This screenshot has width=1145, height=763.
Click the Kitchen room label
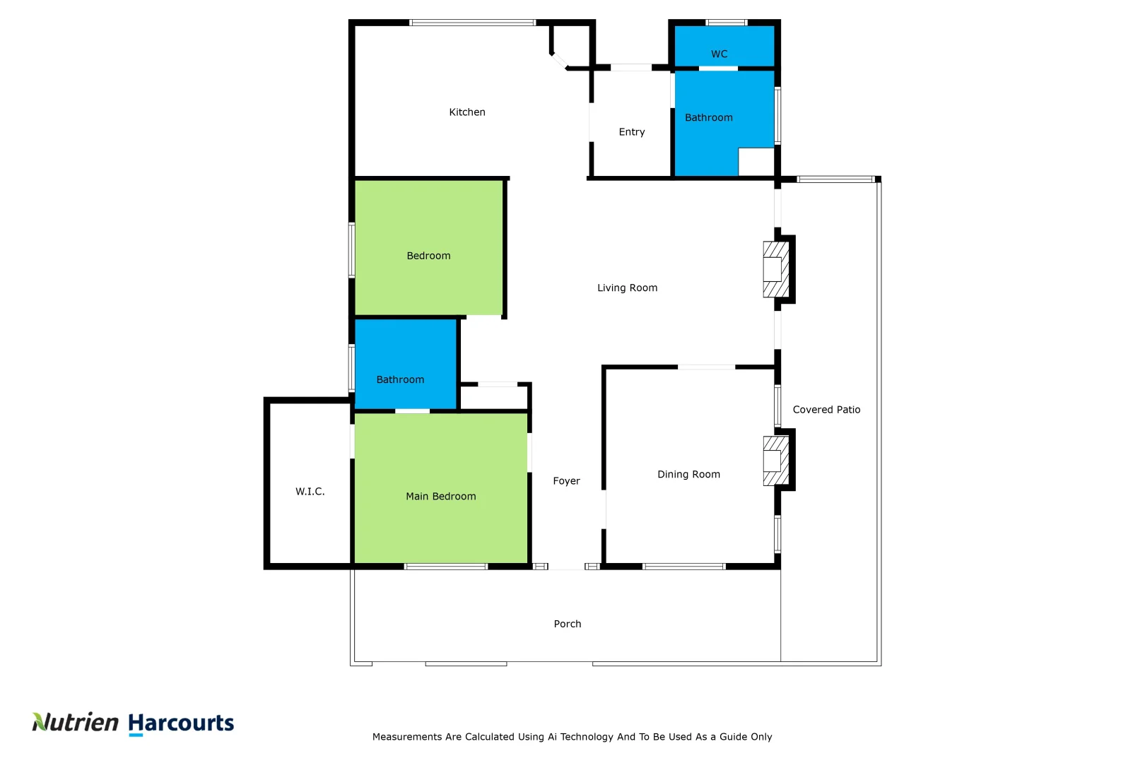pos(467,112)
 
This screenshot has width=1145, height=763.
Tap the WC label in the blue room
pos(719,54)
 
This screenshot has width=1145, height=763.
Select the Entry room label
pos(631,132)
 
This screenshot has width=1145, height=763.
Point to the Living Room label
pos(627,288)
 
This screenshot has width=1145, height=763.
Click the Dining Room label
pos(688,475)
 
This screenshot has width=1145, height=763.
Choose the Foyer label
pos(566,481)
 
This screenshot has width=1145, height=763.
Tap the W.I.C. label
pos(310,492)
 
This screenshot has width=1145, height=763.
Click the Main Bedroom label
pos(440,497)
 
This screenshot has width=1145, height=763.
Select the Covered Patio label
pos(826,410)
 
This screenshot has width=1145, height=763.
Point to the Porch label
pos(567,624)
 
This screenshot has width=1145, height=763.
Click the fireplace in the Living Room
pos(775,269)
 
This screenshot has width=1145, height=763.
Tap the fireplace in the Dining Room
pos(775,461)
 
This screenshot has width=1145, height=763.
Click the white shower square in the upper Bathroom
pos(756,162)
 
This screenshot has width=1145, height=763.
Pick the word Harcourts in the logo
pos(181,723)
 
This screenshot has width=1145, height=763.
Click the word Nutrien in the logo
pos(76,722)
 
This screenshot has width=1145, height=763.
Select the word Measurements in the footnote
pos(407,737)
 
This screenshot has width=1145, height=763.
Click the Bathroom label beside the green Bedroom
pos(400,380)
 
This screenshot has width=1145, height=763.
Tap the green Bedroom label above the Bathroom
pos(428,256)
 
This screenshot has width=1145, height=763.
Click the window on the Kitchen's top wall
pos(472,23)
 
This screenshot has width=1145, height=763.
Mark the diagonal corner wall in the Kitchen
pos(559,61)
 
